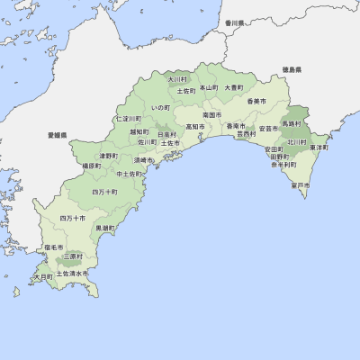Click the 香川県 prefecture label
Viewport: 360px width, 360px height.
236,22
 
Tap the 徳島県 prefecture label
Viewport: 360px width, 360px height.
291,69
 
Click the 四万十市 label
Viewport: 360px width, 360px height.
72,219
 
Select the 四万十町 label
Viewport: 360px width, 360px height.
104,193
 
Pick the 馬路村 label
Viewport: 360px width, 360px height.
292,122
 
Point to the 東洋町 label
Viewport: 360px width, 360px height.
319,147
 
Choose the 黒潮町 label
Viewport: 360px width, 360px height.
105,229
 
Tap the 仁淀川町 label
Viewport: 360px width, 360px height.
128,119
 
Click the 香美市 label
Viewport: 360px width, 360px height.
256,101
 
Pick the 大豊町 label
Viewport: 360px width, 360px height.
234,87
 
